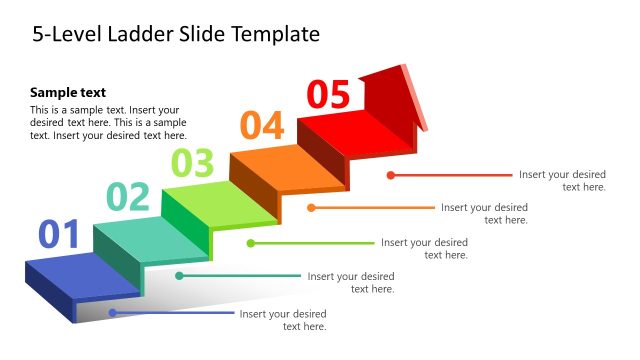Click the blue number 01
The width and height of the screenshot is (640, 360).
click(59, 234)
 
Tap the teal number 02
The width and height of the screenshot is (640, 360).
click(128, 197)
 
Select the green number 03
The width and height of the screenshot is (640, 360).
click(192, 161)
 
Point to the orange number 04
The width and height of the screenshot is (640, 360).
click(262, 126)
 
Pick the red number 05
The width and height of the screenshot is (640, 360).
click(329, 94)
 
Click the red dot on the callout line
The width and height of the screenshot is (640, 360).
click(391, 175)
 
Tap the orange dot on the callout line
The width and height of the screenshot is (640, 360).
click(312, 208)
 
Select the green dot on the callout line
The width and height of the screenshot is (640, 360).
click(251, 243)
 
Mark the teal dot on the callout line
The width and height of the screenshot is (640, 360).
click(180, 275)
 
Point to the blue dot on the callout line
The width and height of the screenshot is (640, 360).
click(112, 313)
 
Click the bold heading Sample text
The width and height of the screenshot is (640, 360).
click(68, 92)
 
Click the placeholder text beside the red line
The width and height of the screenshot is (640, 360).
click(562, 180)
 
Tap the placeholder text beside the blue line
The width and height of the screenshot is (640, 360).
click(283, 320)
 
